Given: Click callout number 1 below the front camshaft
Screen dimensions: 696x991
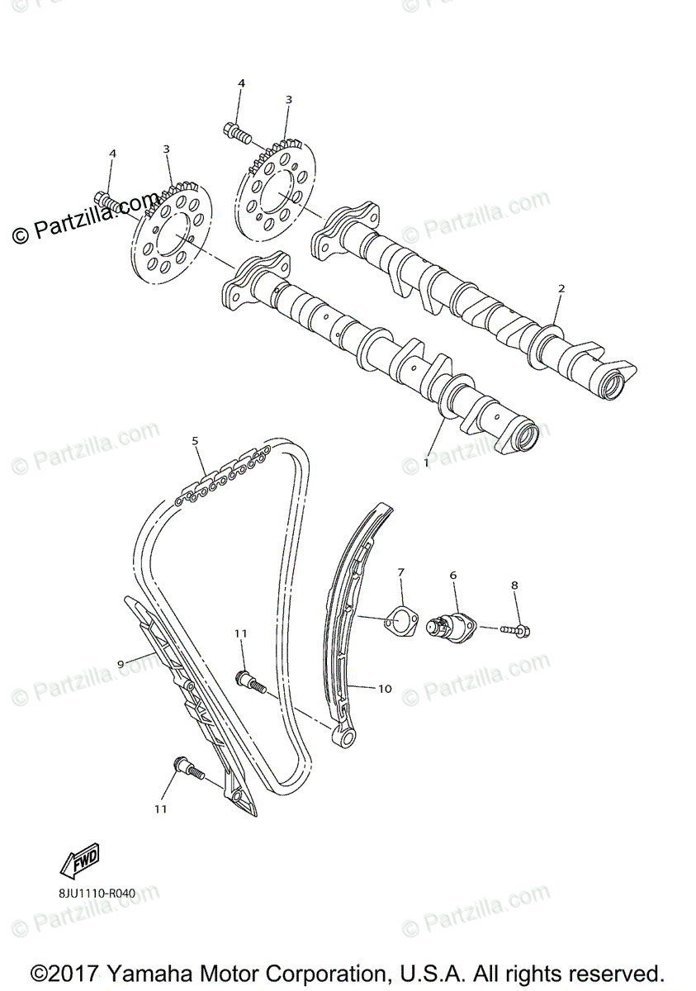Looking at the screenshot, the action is [427, 463].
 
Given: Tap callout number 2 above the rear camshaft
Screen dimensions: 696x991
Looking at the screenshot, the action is [561, 288].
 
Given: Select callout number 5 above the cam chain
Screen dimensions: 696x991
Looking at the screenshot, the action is [196, 441].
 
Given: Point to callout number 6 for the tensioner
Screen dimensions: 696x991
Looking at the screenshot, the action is [452, 574].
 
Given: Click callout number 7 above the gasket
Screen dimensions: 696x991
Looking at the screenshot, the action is [401, 571].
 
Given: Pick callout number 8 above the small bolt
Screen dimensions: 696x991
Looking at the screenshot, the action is [514, 586].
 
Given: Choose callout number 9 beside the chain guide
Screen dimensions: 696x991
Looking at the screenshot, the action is [121, 663].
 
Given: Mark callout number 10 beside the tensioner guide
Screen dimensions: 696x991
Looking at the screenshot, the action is [385, 688].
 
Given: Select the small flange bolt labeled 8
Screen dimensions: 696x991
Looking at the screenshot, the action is [515, 631].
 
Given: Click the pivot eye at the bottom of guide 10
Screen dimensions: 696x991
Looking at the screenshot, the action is [345, 735].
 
